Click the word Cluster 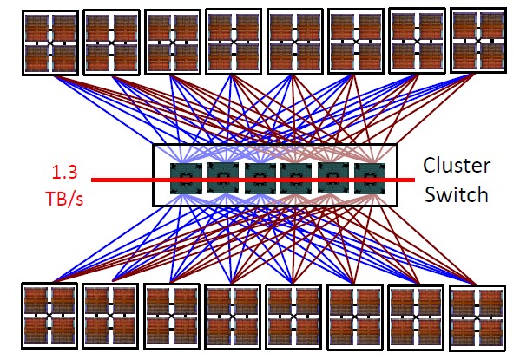[457, 165]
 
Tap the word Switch [457, 194]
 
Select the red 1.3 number [64, 172]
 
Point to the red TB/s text [64, 199]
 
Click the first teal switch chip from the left [186, 179]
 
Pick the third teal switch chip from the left [260, 179]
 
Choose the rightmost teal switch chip [370, 178]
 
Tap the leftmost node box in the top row [50, 43]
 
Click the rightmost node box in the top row [478, 41]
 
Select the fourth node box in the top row [234, 42]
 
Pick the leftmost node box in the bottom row [49, 316]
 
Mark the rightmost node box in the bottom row [477, 318]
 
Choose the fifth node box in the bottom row [293, 317]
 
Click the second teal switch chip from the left [223, 178]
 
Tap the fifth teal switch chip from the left [333, 178]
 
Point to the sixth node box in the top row [356, 41]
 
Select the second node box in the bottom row [110, 317]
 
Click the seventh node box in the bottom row [417, 317]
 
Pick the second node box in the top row [111, 43]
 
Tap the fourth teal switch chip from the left [296, 179]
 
